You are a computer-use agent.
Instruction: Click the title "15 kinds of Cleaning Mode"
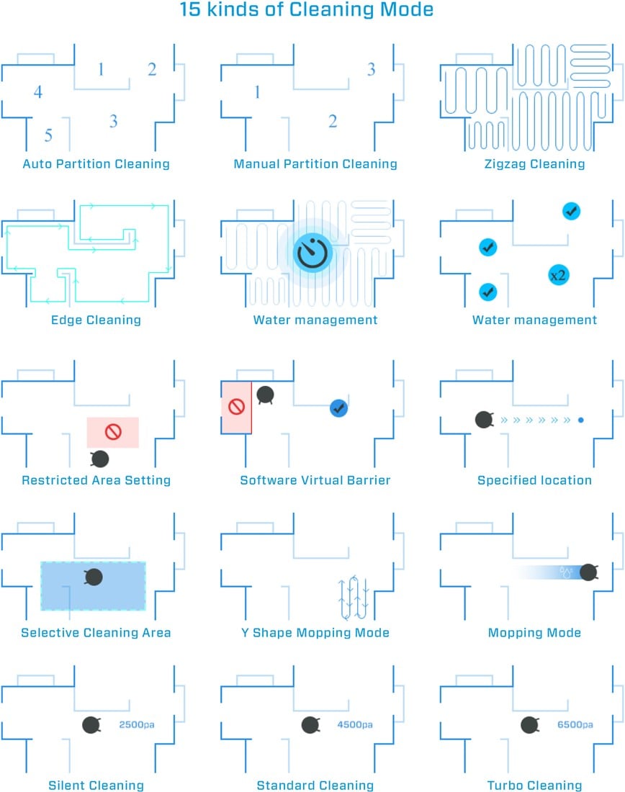pos(307,9)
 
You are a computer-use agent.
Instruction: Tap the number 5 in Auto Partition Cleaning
pos(48,135)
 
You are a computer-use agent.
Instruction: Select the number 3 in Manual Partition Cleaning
pos(371,69)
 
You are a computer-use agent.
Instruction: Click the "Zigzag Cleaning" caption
pos(534,164)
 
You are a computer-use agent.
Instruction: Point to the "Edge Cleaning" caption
pos(96,320)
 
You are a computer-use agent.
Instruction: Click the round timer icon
pos(312,253)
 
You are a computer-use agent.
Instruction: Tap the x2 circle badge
pos(558,275)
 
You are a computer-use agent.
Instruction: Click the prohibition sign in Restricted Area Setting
pos(113,432)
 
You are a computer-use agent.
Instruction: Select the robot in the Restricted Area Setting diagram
pos(99,459)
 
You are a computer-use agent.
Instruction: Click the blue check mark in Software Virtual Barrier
pos(338,408)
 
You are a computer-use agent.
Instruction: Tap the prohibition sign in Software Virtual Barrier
pos(236,407)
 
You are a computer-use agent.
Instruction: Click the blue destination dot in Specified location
pos(581,420)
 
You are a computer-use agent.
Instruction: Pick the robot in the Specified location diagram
pos(484,420)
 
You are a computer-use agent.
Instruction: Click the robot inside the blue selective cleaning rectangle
pos(94,577)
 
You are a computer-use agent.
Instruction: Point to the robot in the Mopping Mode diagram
pos(588,572)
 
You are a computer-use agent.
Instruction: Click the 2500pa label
pos(137,725)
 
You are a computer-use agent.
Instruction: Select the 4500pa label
pos(355,725)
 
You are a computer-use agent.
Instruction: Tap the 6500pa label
pos(575,725)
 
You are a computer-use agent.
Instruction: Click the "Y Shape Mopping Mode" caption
pos(315,633)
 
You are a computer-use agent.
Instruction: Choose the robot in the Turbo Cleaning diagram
pos(529,725)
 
